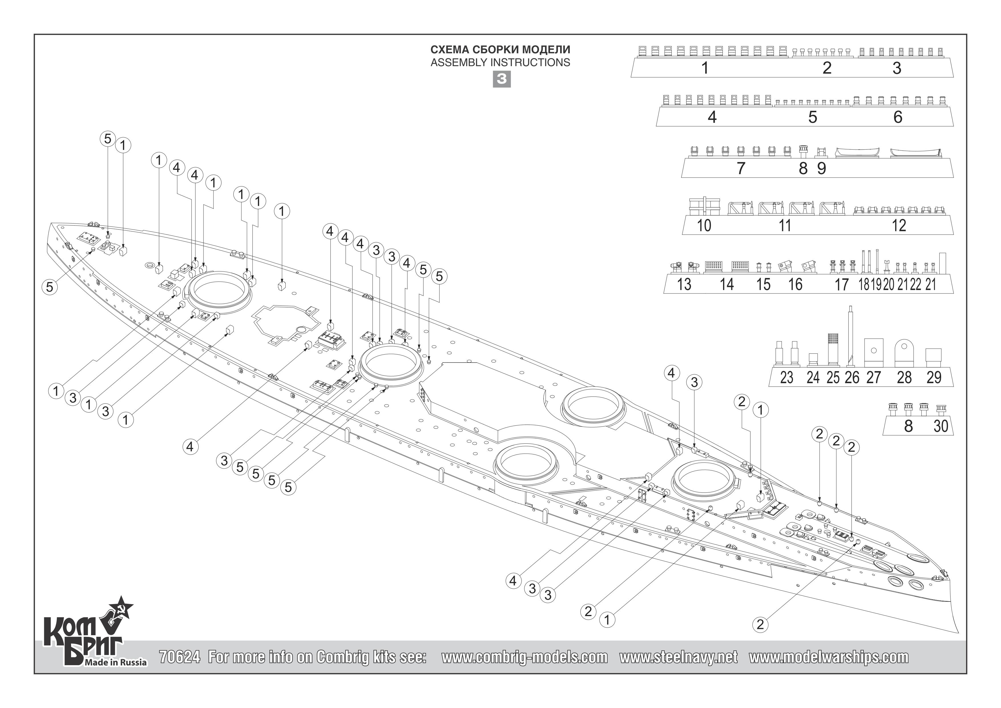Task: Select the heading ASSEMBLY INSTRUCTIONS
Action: pyautogui.click(x=500, y=63)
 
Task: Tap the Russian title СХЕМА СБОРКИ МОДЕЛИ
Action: pyautogui.click(x=500, y=50)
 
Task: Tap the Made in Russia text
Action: pyautogui.click(x=116, y=663)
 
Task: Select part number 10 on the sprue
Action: pyautogui.click(x=704, y=226)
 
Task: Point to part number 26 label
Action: pyautogui.click(x=852, y=377)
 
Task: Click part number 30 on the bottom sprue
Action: pyautogui.click(x=941, y=426)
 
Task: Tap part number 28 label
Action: pyautogui.click(x=904, y=377)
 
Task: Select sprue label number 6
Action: pyautogui.click(x=898, y=117)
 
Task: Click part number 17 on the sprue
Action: pyautogui.click(x=841, y=284)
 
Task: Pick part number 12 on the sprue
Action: pyautogui.click(x=899, y=226)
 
